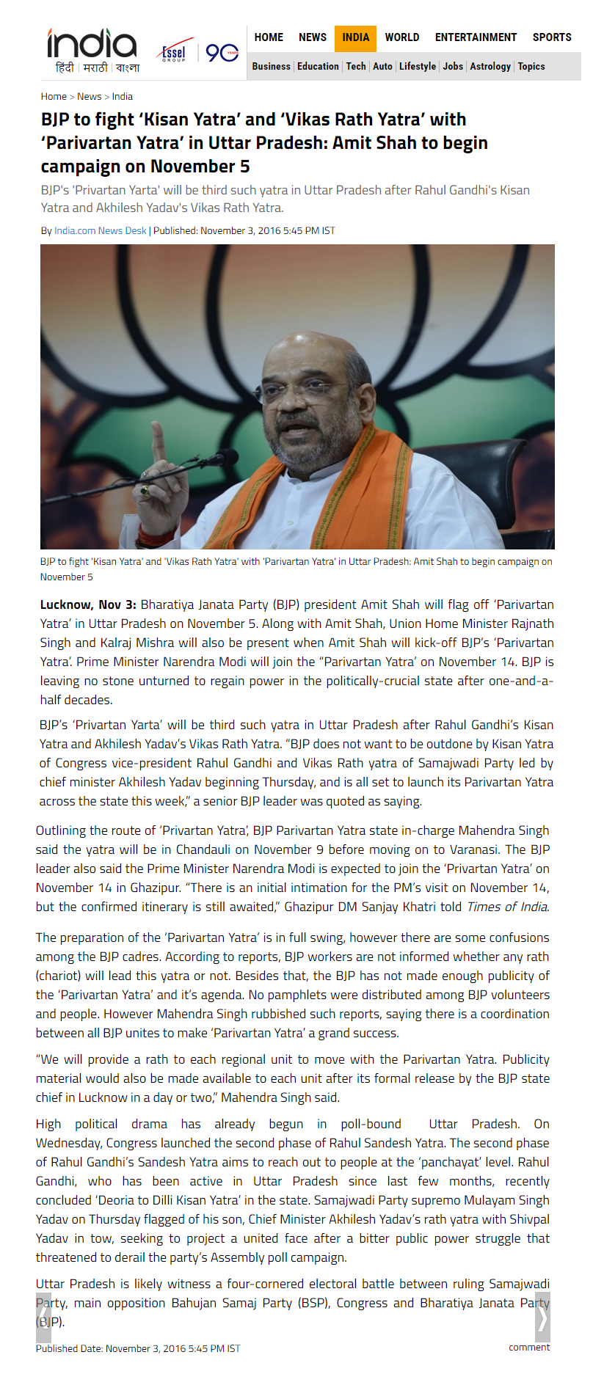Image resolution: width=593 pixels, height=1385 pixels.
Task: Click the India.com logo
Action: pos(92,43)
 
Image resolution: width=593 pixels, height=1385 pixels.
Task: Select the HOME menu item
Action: pos(269,37)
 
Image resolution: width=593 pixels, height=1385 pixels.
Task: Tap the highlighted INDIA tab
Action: pos(356,37)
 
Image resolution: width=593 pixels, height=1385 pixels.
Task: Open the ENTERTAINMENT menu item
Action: pos(476,37)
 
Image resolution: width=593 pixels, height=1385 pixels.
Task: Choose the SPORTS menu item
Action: pos(552,37)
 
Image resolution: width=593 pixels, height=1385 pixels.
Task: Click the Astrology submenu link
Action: pos(490,67)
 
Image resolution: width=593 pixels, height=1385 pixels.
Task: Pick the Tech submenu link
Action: pos(356,67)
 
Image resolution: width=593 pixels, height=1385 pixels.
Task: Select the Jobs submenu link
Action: pos(453,67)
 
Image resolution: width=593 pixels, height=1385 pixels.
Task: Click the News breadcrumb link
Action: pos(90,97)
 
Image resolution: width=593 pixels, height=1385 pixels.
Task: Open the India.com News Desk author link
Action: pos(101,231)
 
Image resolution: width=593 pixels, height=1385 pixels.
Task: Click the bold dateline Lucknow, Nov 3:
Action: pos(88,605)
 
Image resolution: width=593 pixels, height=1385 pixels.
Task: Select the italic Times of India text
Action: pos(507,907)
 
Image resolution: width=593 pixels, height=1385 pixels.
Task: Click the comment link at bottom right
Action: pos(529,1347)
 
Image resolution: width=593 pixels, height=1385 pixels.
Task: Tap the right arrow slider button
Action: pos(542,1318)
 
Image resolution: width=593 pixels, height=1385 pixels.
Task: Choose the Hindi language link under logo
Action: pos(65,68)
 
